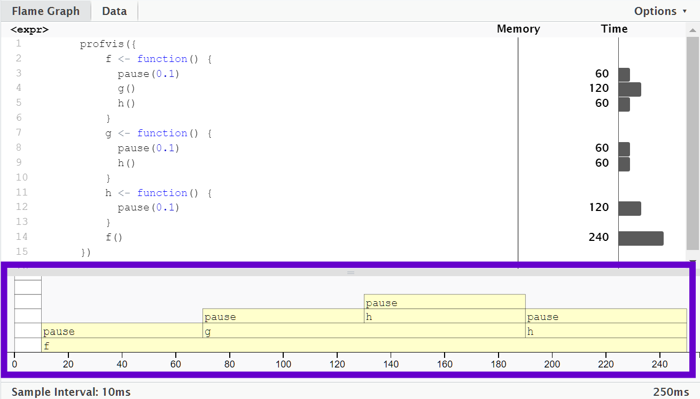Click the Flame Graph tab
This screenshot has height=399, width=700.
click(x=45, y=11)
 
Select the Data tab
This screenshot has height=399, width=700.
click(x=114, y=11)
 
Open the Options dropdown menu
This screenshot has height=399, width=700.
click(x=660, y=11)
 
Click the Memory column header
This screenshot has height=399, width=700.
click(x=518, y=29)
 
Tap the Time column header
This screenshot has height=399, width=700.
click(x=614, y=29)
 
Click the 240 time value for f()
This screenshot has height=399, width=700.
click(x=598, y=237)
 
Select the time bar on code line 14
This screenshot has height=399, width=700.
click(x=641, y=238)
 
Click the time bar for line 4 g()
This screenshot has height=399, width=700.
click(x=629, y=89)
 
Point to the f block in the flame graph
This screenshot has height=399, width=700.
click(x=363, y=346)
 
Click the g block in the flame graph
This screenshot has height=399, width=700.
click(x=363, y=331)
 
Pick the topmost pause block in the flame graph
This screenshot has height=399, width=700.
click(x=444, y=302)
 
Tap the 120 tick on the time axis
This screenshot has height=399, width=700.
click(x=337, y=364)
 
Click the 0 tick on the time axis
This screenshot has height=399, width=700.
click(x=14, y=364)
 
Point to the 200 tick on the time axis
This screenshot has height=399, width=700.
click(x=552, y=364)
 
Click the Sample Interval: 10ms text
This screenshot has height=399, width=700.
click(x=71, y=392)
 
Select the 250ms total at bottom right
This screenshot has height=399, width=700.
click(x=671, y=392)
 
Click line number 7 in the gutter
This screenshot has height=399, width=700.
click(x=19, y=133)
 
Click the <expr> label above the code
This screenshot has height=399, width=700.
click(x=29, y=30)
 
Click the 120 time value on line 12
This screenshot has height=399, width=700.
click(x=598, y=207)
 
